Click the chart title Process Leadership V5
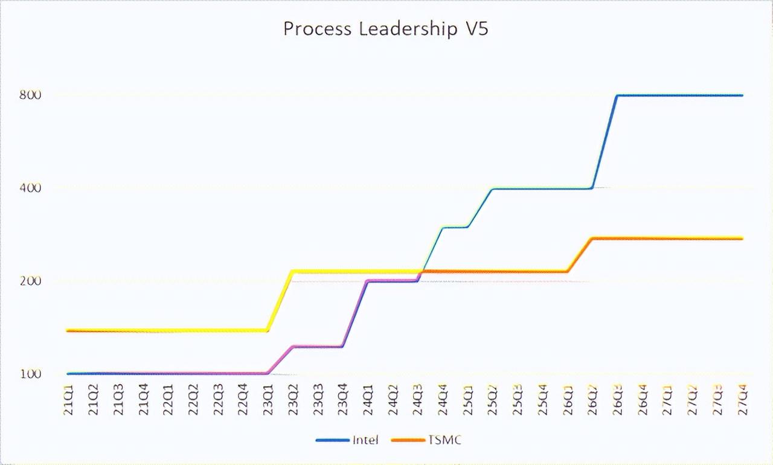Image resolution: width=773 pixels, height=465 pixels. [x=386, y=29]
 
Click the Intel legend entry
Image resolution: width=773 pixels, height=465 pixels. [x=365, y=440]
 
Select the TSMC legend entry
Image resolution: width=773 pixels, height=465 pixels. [x=444, y=440]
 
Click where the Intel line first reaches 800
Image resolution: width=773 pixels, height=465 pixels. [x=617, y=95]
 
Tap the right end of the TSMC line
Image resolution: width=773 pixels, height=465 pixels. [x=742, y=239]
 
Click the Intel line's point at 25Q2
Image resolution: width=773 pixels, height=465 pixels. [x=492, y=189]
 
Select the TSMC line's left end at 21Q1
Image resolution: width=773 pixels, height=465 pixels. [x=68, y=331]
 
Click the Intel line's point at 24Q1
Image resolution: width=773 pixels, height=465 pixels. [x=367, y=281]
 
